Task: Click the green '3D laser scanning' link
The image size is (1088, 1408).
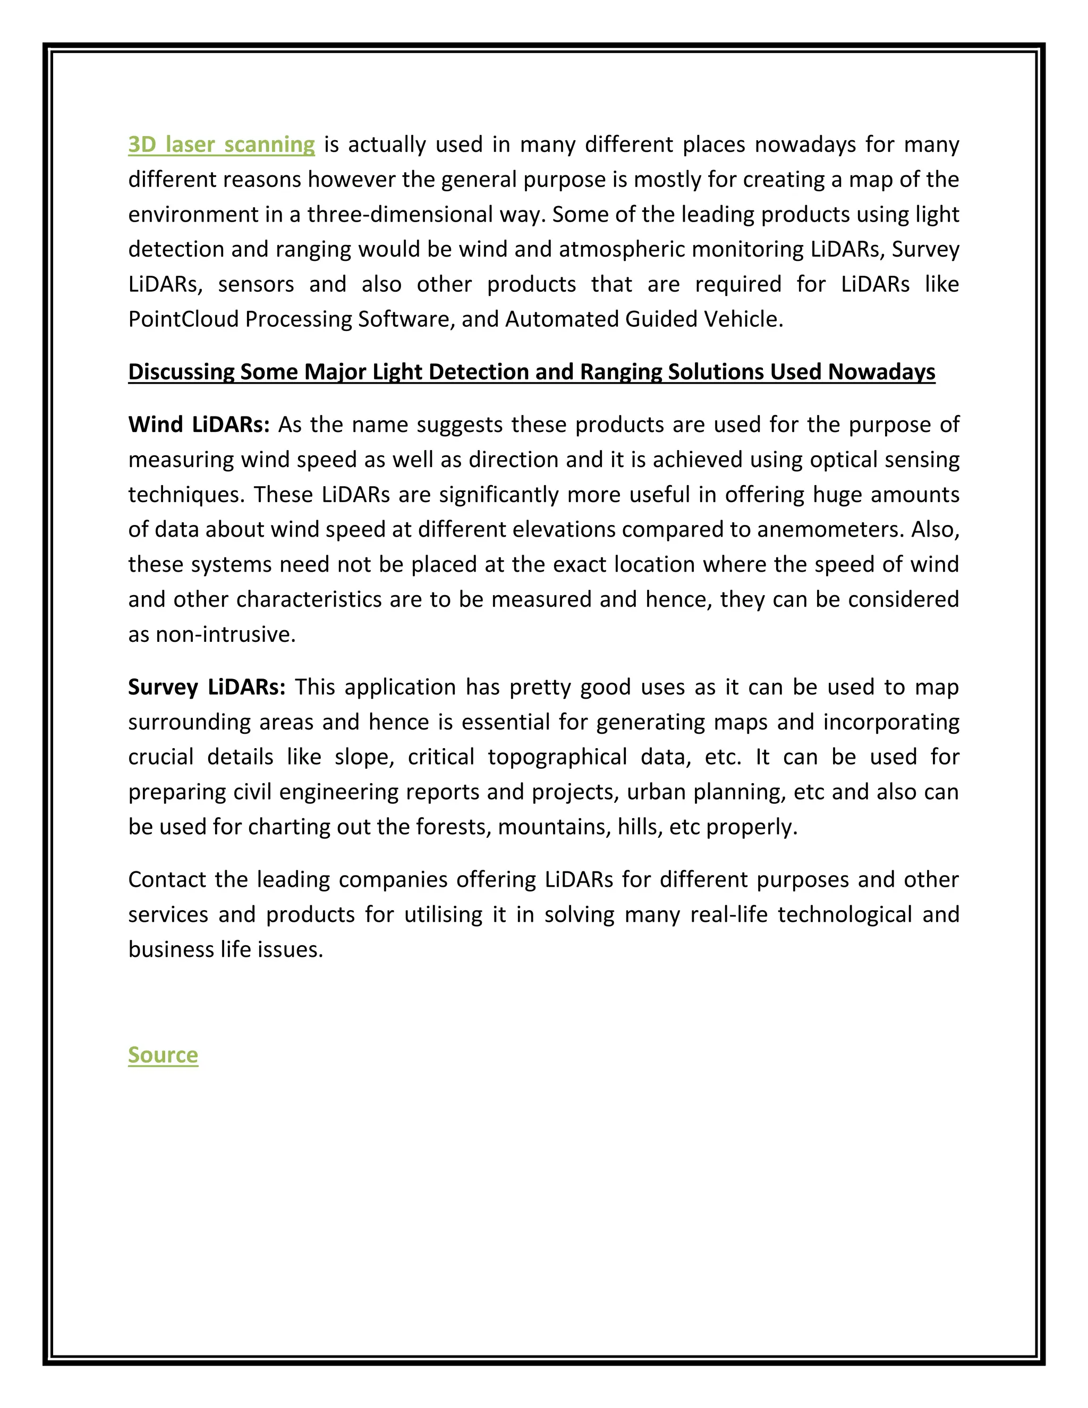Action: click(x=221, y=145)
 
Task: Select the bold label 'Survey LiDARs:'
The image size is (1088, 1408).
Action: click(x=206, y=687)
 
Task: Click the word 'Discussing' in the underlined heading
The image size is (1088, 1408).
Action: click(x=181, y=372)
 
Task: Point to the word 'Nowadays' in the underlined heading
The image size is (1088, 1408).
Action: click(x=881, y=372)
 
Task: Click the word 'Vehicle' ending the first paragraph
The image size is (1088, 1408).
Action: click(x=743, y=319)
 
